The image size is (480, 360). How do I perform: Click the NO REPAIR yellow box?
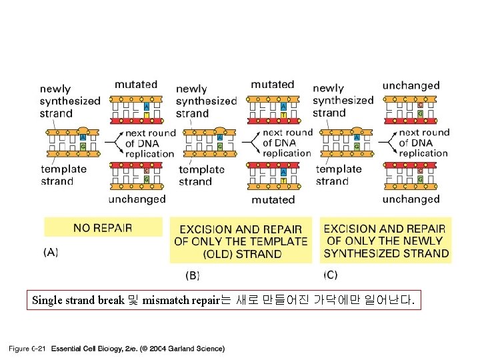[103, 227]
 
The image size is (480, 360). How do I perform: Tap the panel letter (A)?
[51, 253]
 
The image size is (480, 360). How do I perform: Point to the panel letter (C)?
[330, 274]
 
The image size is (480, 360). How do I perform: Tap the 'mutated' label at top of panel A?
[136, 85]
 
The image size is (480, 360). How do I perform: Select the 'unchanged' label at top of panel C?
[411, 85]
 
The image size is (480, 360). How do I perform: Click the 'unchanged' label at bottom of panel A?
[137, 199]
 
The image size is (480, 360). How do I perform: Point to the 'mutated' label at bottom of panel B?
[273, 199]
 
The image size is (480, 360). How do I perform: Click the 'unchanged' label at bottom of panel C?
[411, 199]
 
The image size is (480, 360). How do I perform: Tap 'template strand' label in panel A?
[63, 175]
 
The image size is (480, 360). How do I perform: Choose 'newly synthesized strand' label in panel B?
[206, 101]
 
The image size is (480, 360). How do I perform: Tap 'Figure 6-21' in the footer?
[27, 349]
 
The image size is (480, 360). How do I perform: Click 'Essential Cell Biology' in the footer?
[83, 349]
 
